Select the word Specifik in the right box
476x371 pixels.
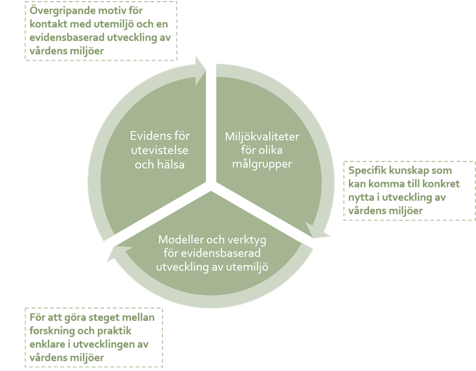tap(367, 171)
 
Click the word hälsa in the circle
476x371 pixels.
tap(170, 165)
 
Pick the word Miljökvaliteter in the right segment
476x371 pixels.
tap(262, 137)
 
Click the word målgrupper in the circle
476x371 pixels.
tap(262, 165)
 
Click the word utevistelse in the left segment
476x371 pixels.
tap(160, 151)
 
